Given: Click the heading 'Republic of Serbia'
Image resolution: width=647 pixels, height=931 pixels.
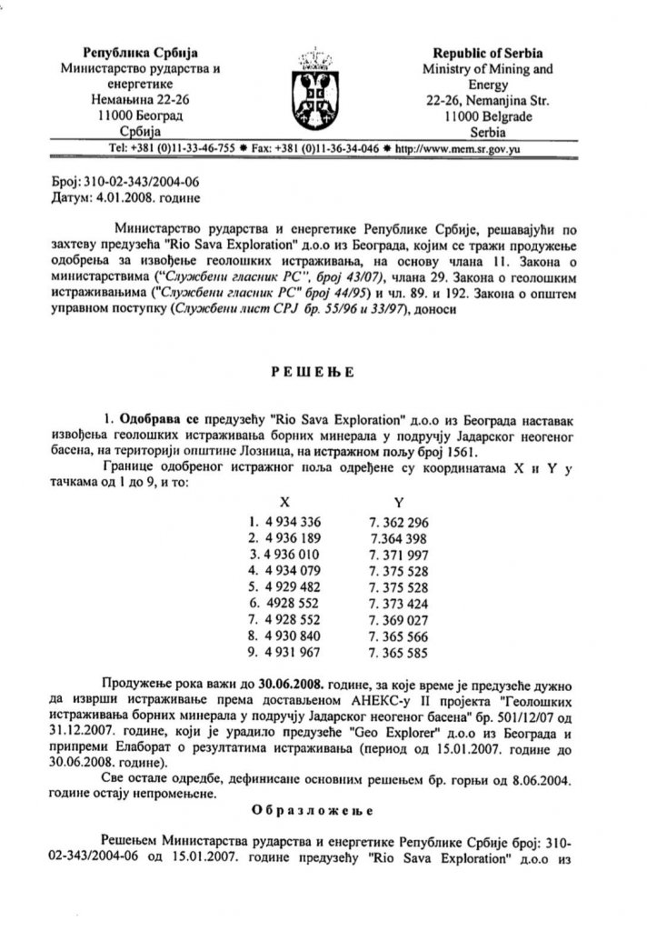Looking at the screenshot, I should click(x=489, y=52).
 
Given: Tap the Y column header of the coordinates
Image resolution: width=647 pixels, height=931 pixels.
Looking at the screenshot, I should click(x=398, y=500).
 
